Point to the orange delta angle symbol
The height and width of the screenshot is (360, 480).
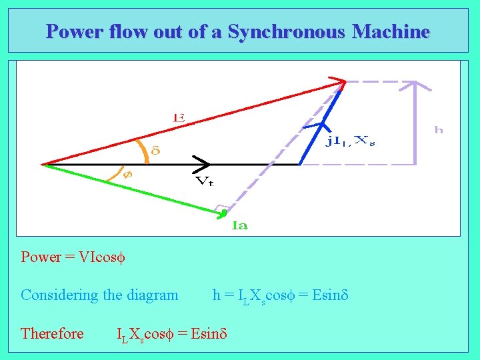tap(156, 151)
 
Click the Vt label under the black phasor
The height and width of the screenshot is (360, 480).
tap(204, 181)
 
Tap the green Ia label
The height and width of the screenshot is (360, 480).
tap(240, 225)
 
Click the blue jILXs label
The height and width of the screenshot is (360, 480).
tap(349, 140)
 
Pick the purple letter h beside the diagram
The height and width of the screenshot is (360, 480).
tap(438, 130)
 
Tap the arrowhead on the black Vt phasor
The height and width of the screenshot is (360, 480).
tap(203, 163)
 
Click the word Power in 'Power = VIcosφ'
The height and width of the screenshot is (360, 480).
tap(41, 257)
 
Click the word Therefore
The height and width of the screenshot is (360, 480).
tap(52, 333)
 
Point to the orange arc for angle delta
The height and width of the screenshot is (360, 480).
tap(142, 151)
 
